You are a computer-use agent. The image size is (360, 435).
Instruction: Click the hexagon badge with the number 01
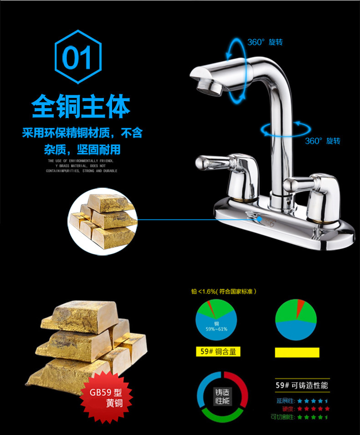pos(78,57)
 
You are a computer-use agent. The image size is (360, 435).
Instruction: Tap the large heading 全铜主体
pos(81,106)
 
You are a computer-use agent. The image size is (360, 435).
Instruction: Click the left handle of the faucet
pos(214,162)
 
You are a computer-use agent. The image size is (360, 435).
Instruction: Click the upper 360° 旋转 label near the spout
pos(265,42)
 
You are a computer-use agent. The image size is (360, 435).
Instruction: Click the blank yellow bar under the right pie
pos(297,352)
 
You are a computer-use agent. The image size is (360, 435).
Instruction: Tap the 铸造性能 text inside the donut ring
pos(222,396)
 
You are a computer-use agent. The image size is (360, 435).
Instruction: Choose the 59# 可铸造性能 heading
pos(302,385)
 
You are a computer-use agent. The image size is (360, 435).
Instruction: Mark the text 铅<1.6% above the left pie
pos(204,292)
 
